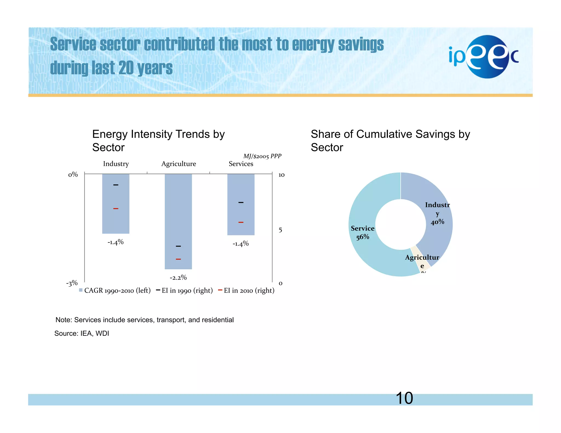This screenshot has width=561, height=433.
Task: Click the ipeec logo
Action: pyautogui.click(x=483, y=57)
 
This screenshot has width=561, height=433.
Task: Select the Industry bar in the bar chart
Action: pyautogui.click(x=116, y=219)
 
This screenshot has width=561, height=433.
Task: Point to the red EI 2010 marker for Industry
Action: pyautogui.click(x=116, y=209)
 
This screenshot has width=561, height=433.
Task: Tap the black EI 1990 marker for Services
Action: pyautogui.click(x=241, y=203)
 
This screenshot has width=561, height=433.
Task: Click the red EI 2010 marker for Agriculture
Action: pyautogui.click(x=178, y=259)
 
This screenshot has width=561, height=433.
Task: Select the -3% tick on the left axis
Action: pyautogui.click(x=72, y=283)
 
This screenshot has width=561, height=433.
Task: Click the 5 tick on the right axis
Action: pyautogui.click(x=280, y=230)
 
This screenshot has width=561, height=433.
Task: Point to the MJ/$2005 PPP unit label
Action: pyautogui.click(x=262, y=156)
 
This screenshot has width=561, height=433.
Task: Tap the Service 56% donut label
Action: pyautogui.click(x=362, y=232)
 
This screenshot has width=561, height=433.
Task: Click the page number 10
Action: pyautogui.click(x=404, y=398)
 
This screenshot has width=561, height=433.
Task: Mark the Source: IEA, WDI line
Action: pyautogui.click(x=82, y=333)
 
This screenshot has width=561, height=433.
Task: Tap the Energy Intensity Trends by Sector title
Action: pyautogui.click(x=158, y=141)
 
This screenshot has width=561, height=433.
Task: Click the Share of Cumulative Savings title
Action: pyautogui.click(x=390, y=141)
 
